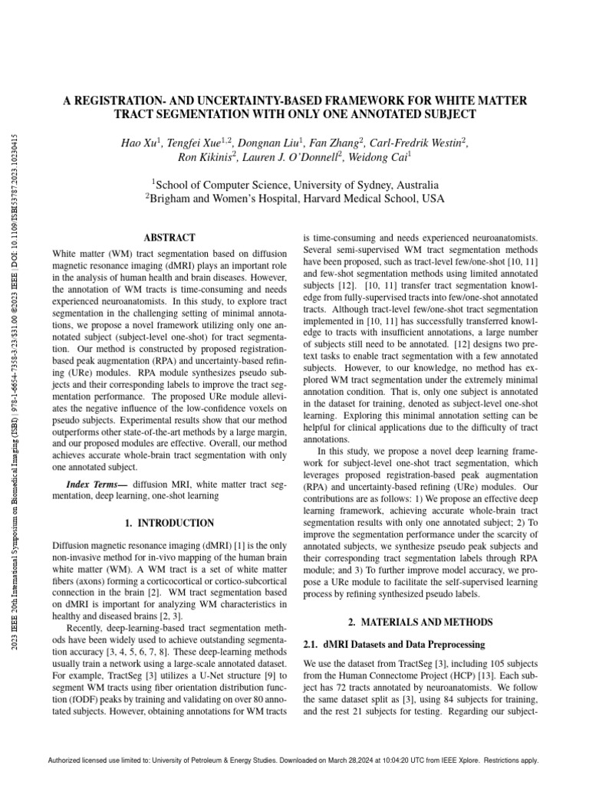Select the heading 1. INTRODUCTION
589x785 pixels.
[169, 523]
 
